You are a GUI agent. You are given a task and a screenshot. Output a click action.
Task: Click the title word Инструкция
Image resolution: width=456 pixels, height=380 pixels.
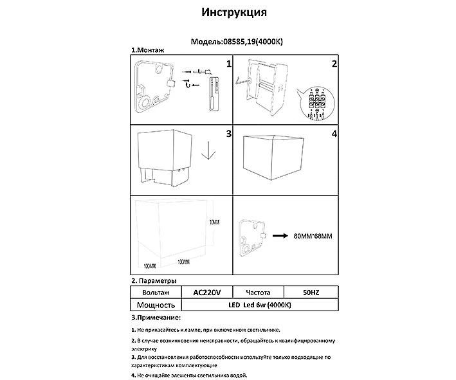click(234, 13)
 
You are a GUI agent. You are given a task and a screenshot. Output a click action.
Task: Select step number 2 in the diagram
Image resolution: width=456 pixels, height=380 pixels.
click(334, 64)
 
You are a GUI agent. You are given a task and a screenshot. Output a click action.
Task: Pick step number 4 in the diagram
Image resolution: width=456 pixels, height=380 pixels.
click(334, 134)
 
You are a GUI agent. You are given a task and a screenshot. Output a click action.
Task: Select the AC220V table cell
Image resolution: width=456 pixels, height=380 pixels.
click(206, 293)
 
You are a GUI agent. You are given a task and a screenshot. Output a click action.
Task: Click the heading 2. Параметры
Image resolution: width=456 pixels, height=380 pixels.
click(154, 281)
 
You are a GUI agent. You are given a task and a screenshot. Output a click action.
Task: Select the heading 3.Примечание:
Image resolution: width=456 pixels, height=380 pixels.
click(156, 318)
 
